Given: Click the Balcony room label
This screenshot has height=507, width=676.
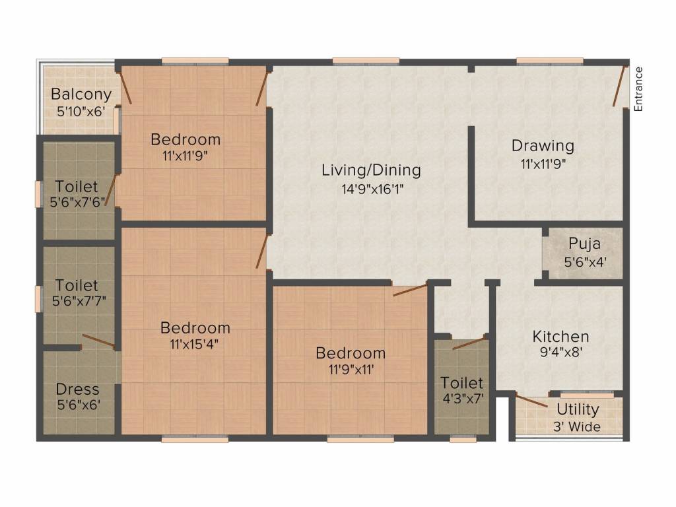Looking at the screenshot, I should tap(81, 94).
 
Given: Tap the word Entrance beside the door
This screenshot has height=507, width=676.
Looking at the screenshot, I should tap(638, 88).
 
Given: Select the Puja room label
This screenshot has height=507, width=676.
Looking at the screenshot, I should tap(584, 245).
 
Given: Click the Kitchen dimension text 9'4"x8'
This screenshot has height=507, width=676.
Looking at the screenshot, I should tap(560, 353).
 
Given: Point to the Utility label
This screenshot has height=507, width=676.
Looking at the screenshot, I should tap(578, 409).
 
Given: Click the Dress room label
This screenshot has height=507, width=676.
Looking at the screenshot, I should tap(77, 389).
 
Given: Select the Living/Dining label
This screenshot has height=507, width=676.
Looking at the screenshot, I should tap(371, 170).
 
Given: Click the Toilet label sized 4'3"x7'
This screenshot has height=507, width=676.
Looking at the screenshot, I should tap(462, 383).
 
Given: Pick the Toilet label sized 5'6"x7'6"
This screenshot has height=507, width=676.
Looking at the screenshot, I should tap(77, 187).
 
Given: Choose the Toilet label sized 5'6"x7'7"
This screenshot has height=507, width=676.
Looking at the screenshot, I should tap(77, 286).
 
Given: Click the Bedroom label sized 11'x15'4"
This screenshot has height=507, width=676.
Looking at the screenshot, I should tap(195, 328).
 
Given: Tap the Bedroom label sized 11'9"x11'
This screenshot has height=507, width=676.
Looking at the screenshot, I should tap(350, 353).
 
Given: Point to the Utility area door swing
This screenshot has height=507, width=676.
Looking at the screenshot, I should tap(531, 401).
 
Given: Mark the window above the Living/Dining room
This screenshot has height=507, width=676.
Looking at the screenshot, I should tap(366, 61).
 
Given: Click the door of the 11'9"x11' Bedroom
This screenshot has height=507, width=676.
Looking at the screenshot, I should tap(409, 290).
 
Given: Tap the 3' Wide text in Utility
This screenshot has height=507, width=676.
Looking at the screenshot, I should tap(578, 427).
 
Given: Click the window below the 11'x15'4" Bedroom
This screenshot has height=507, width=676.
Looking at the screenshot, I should tap(195, 438).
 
